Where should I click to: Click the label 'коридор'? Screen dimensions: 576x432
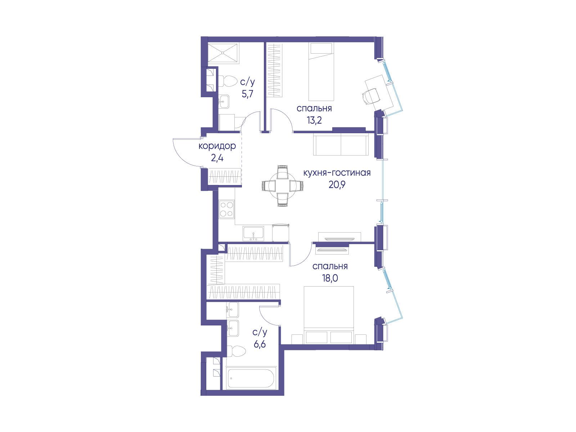click(x=217, y=147)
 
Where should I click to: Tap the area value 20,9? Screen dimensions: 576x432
click(x=337, y=185)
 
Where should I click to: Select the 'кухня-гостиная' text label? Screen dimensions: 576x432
click(x=337, y=173)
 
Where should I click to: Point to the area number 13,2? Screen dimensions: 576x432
click(x=314, y=120)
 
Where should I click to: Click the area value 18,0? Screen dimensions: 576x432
click(x=330, y=278)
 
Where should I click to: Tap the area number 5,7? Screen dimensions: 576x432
click(x=247, y=94)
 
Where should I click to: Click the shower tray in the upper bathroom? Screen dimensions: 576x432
click(x=223, y=53)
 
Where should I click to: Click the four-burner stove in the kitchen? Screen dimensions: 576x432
click(x=227, y=209)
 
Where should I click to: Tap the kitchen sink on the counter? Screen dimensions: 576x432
click(x=253, y=234)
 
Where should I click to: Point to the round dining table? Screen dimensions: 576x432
click(x=283, y=186)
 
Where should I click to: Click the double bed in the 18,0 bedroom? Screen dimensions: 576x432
click(x=329, y=315)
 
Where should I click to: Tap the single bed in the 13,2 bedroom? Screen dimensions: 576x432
click(x=321, y=72)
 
